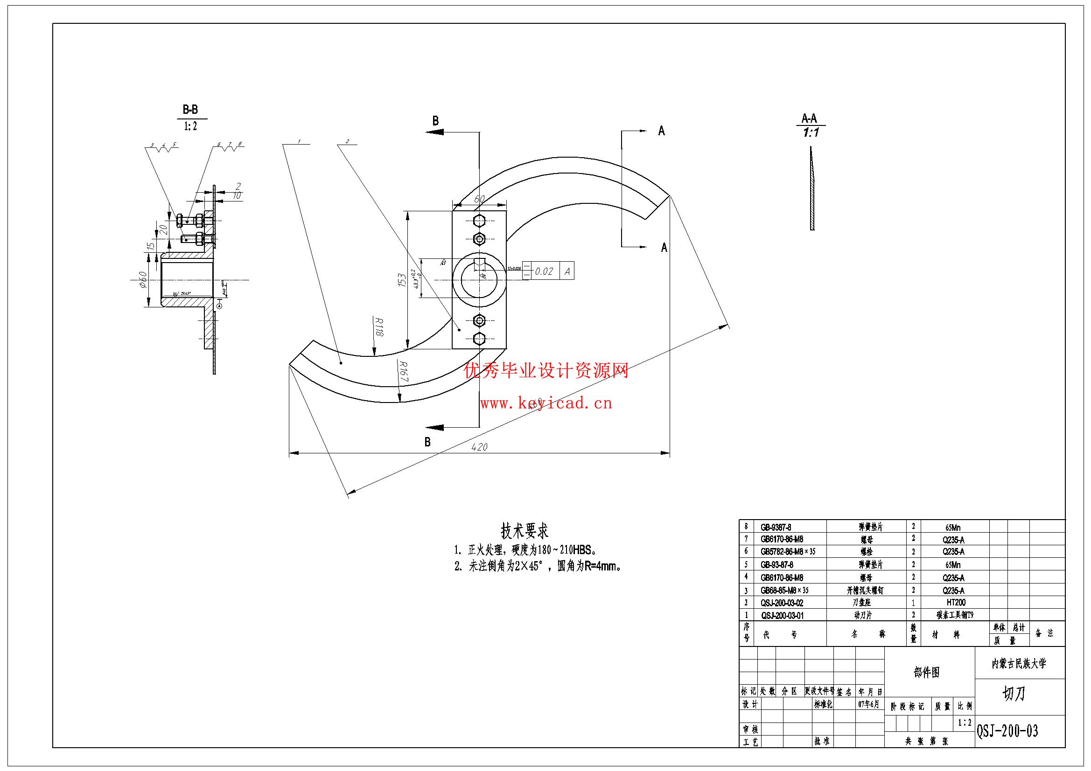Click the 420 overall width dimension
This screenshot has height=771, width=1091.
(479, 446)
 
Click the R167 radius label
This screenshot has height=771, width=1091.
(404, 374)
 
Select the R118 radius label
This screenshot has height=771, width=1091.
(378, 327)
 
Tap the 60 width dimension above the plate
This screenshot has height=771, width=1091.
(479, 199)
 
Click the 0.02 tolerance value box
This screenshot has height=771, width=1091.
(544, 271)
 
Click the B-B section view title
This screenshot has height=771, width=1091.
(190, 110)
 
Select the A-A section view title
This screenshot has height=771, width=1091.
(809, 118)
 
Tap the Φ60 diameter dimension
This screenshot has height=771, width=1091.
(141, 280)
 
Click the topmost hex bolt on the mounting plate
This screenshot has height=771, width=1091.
(479, 222)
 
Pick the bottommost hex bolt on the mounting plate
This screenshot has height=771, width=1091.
(479, 339)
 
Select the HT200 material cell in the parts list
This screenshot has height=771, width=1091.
(956, 602)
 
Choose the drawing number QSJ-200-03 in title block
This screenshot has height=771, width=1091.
(1007, 730)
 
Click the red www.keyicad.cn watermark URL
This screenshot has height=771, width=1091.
(545, 403)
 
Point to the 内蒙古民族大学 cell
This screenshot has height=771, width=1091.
(1019, 664)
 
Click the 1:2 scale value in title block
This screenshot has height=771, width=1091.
(965, 723)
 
